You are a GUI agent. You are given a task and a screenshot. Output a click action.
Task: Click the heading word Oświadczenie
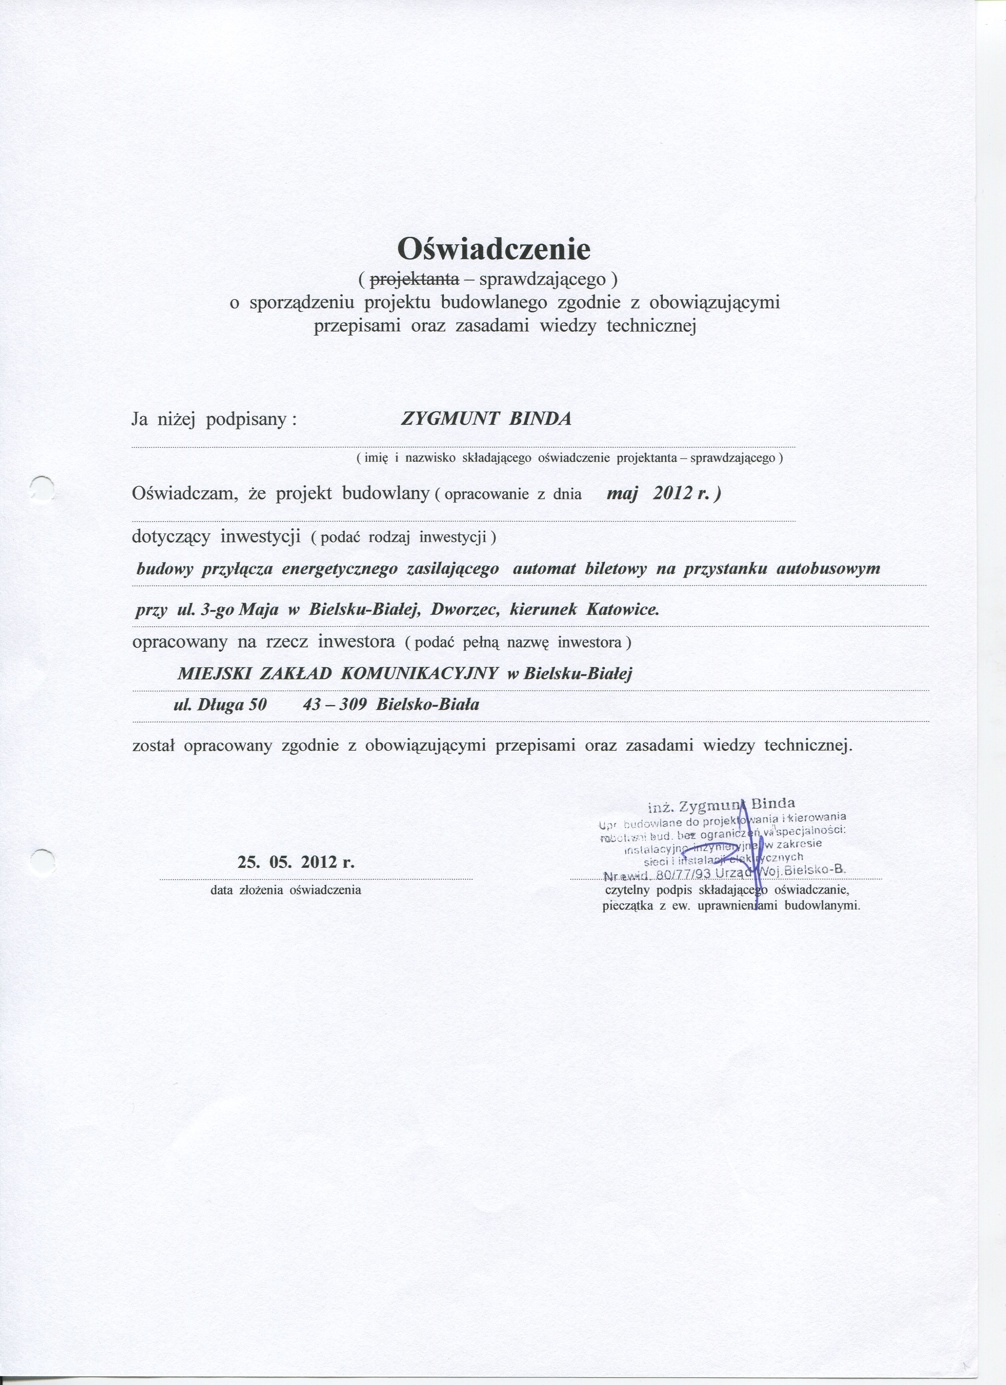494,249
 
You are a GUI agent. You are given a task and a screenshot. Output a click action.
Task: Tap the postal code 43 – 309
335,705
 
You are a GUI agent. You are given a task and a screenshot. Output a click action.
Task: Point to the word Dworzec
466,609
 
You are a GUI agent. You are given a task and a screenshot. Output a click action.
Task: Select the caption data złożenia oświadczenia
286,890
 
